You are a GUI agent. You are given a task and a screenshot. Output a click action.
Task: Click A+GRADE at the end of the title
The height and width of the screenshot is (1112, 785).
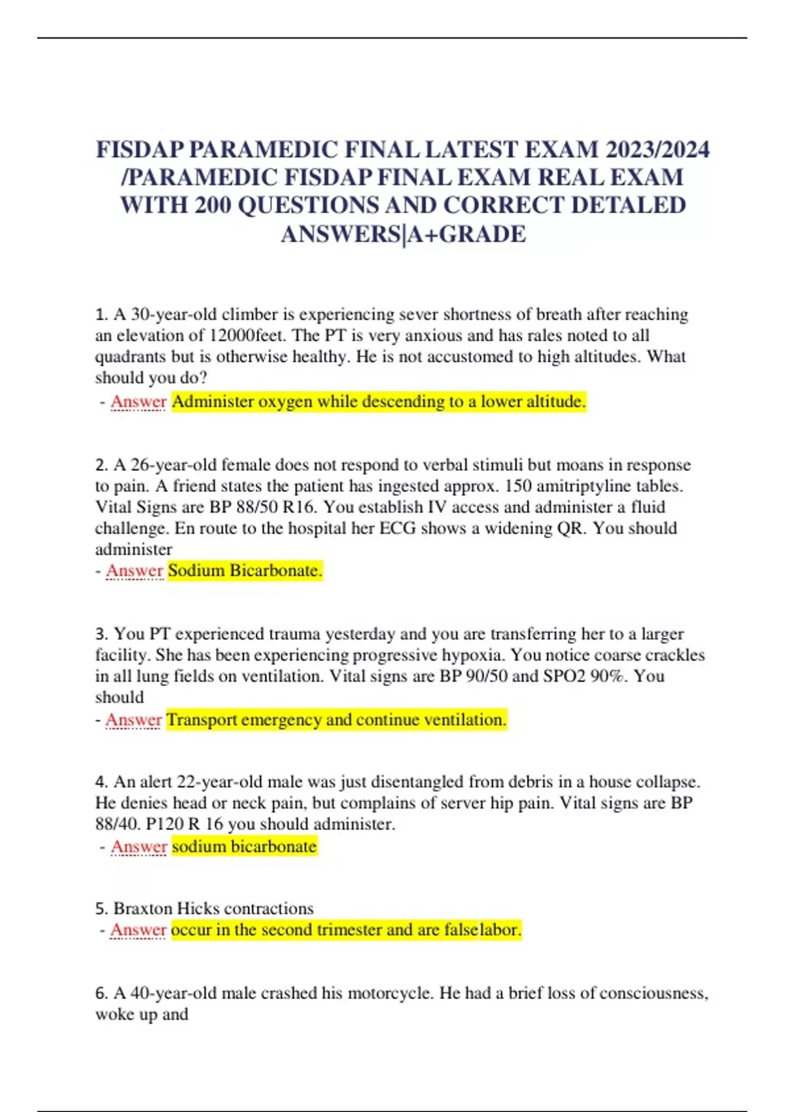pyautogui.click(x=466, y=234)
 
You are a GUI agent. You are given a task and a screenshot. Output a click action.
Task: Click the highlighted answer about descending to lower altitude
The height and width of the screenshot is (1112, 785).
pyautogui.click(x=379, y=402)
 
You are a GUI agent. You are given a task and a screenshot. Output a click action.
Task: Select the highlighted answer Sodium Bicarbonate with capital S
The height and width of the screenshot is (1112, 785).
pyautogui.click(x=245, y=570)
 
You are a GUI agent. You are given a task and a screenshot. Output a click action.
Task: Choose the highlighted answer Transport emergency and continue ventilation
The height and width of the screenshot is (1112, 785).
pyautogui.click(x=336, y=720)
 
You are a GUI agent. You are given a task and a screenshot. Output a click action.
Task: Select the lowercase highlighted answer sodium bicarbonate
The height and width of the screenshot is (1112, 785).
pyautogui.click(x=244, y=846)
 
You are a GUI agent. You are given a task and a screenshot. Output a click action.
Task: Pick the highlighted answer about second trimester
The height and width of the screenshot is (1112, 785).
pyautogui.click(x=346, y=930)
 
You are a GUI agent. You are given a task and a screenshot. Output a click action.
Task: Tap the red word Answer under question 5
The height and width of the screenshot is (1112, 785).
pyautogui.click(x=138, y=930)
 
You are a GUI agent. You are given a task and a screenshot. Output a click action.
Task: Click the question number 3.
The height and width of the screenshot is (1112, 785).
pyautogui.click(x=101, y=634)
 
